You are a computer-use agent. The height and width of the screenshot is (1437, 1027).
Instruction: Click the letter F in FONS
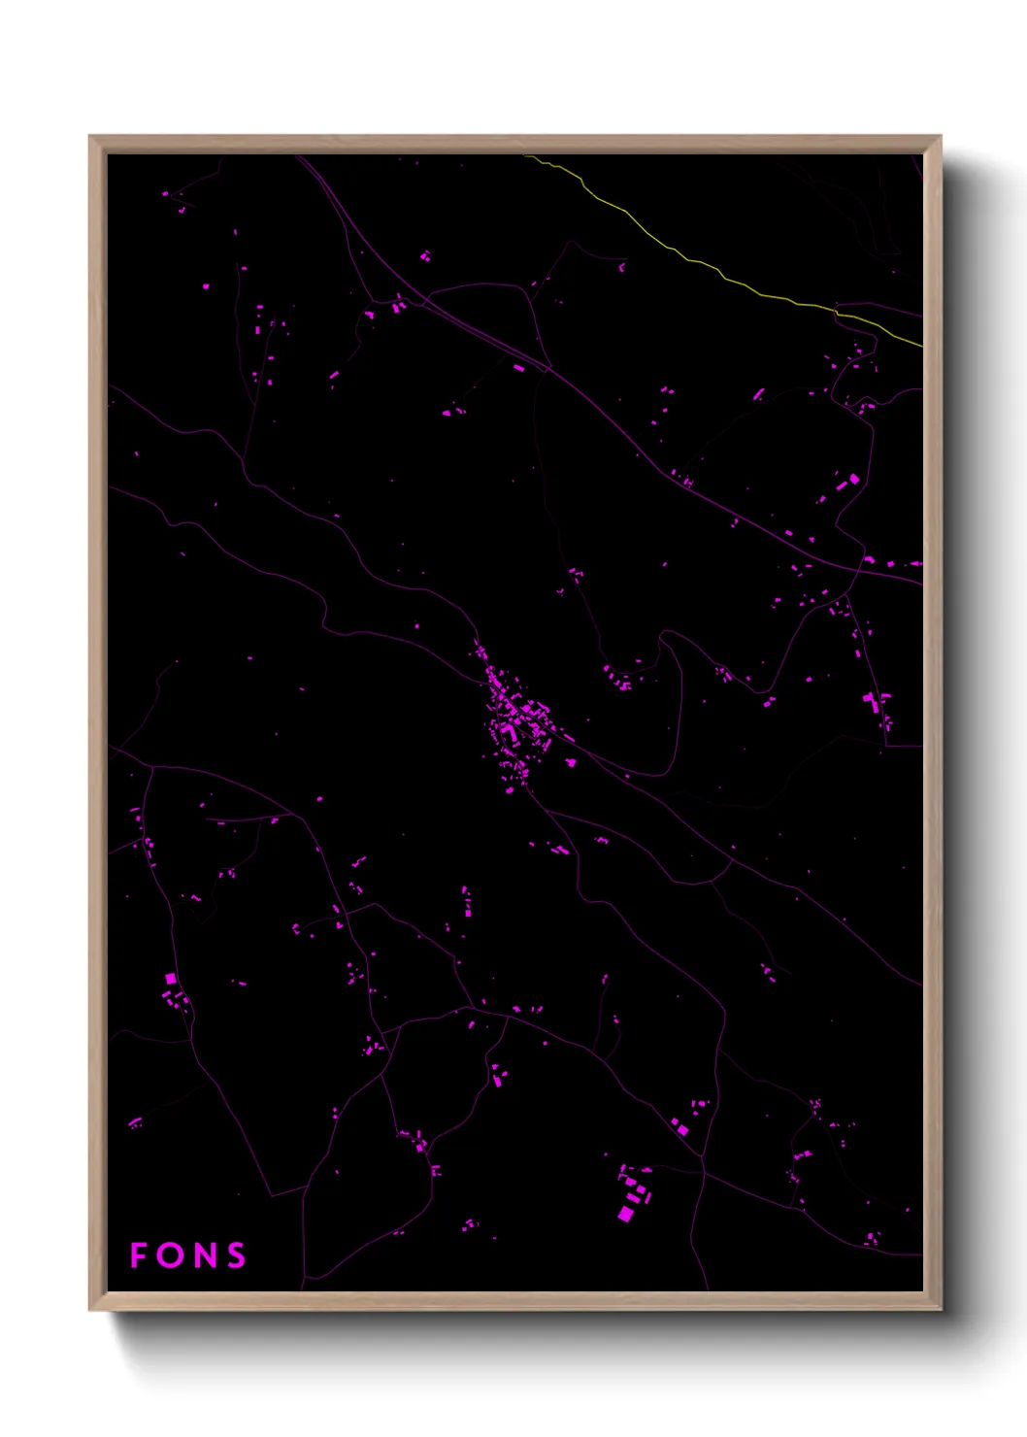[x=139, y=1255]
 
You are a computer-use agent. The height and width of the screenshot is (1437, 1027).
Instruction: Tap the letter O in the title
[x=170, y=1255]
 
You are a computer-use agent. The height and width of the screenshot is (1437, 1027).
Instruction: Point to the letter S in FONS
[x=235, y=1255]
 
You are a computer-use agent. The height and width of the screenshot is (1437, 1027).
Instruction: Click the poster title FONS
[x=187, y=1255]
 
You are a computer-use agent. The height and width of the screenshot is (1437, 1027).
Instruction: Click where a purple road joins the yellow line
[x=836, y=312]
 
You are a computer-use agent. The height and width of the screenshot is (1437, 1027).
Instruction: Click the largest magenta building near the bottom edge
[x=626, y=1214]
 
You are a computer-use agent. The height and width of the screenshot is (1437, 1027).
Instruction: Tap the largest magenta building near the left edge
[x=171, y=979]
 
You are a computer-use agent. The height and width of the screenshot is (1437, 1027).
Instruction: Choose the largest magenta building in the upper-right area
[x=854, y=479]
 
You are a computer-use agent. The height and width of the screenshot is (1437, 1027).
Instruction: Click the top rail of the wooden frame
[x=514, y=144]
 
